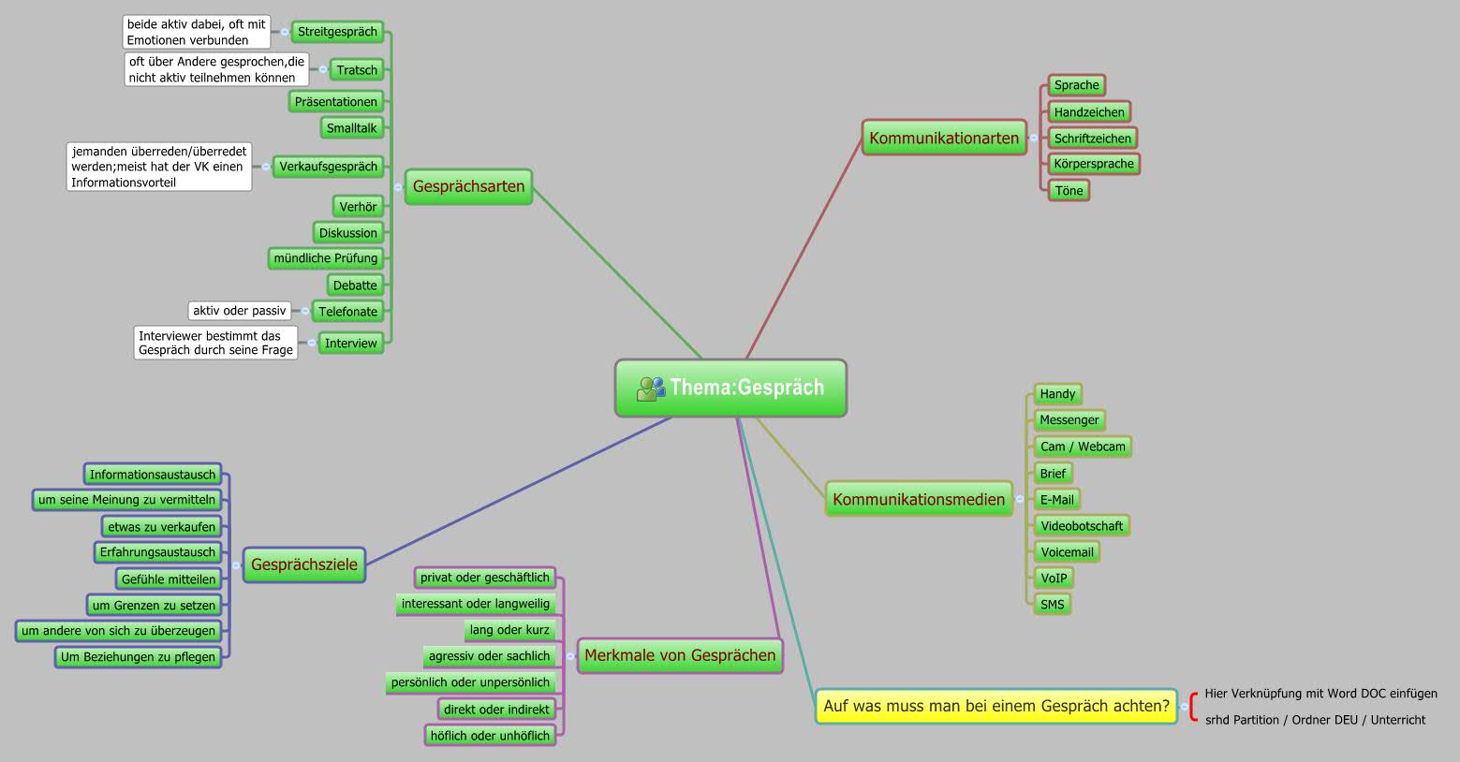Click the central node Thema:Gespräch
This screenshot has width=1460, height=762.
coord(730,388)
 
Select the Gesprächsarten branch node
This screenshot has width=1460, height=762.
coord(468,186)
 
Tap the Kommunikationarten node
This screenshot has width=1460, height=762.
coord(943,138)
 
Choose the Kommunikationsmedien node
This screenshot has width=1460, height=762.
coord(918,499)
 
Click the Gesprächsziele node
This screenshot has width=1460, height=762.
coord(304,564)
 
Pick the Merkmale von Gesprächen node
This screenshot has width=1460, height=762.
coord(680,655)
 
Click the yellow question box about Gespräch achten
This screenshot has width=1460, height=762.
coord(995,706)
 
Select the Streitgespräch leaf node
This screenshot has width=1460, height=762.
coord(337,32)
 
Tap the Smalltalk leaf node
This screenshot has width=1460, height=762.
coord(351,128)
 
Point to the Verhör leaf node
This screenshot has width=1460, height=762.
coord(358,207)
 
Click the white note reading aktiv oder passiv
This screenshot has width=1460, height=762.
coord(239,311)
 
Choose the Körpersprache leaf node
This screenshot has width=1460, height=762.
coord(1093,164)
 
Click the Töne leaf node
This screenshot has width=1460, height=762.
coord(1069,191)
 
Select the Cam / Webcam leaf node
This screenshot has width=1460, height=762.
coord(1082,447)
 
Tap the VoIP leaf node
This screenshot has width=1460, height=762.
coord(1054,579)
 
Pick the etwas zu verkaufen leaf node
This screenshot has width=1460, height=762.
coord(161,527)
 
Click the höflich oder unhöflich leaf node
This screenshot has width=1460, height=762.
coord(490,736)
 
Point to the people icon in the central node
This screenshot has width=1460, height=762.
coord(650,388)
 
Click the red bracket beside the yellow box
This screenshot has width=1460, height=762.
coord(1192,707)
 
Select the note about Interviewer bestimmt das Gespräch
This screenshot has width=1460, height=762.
coord(215,343)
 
